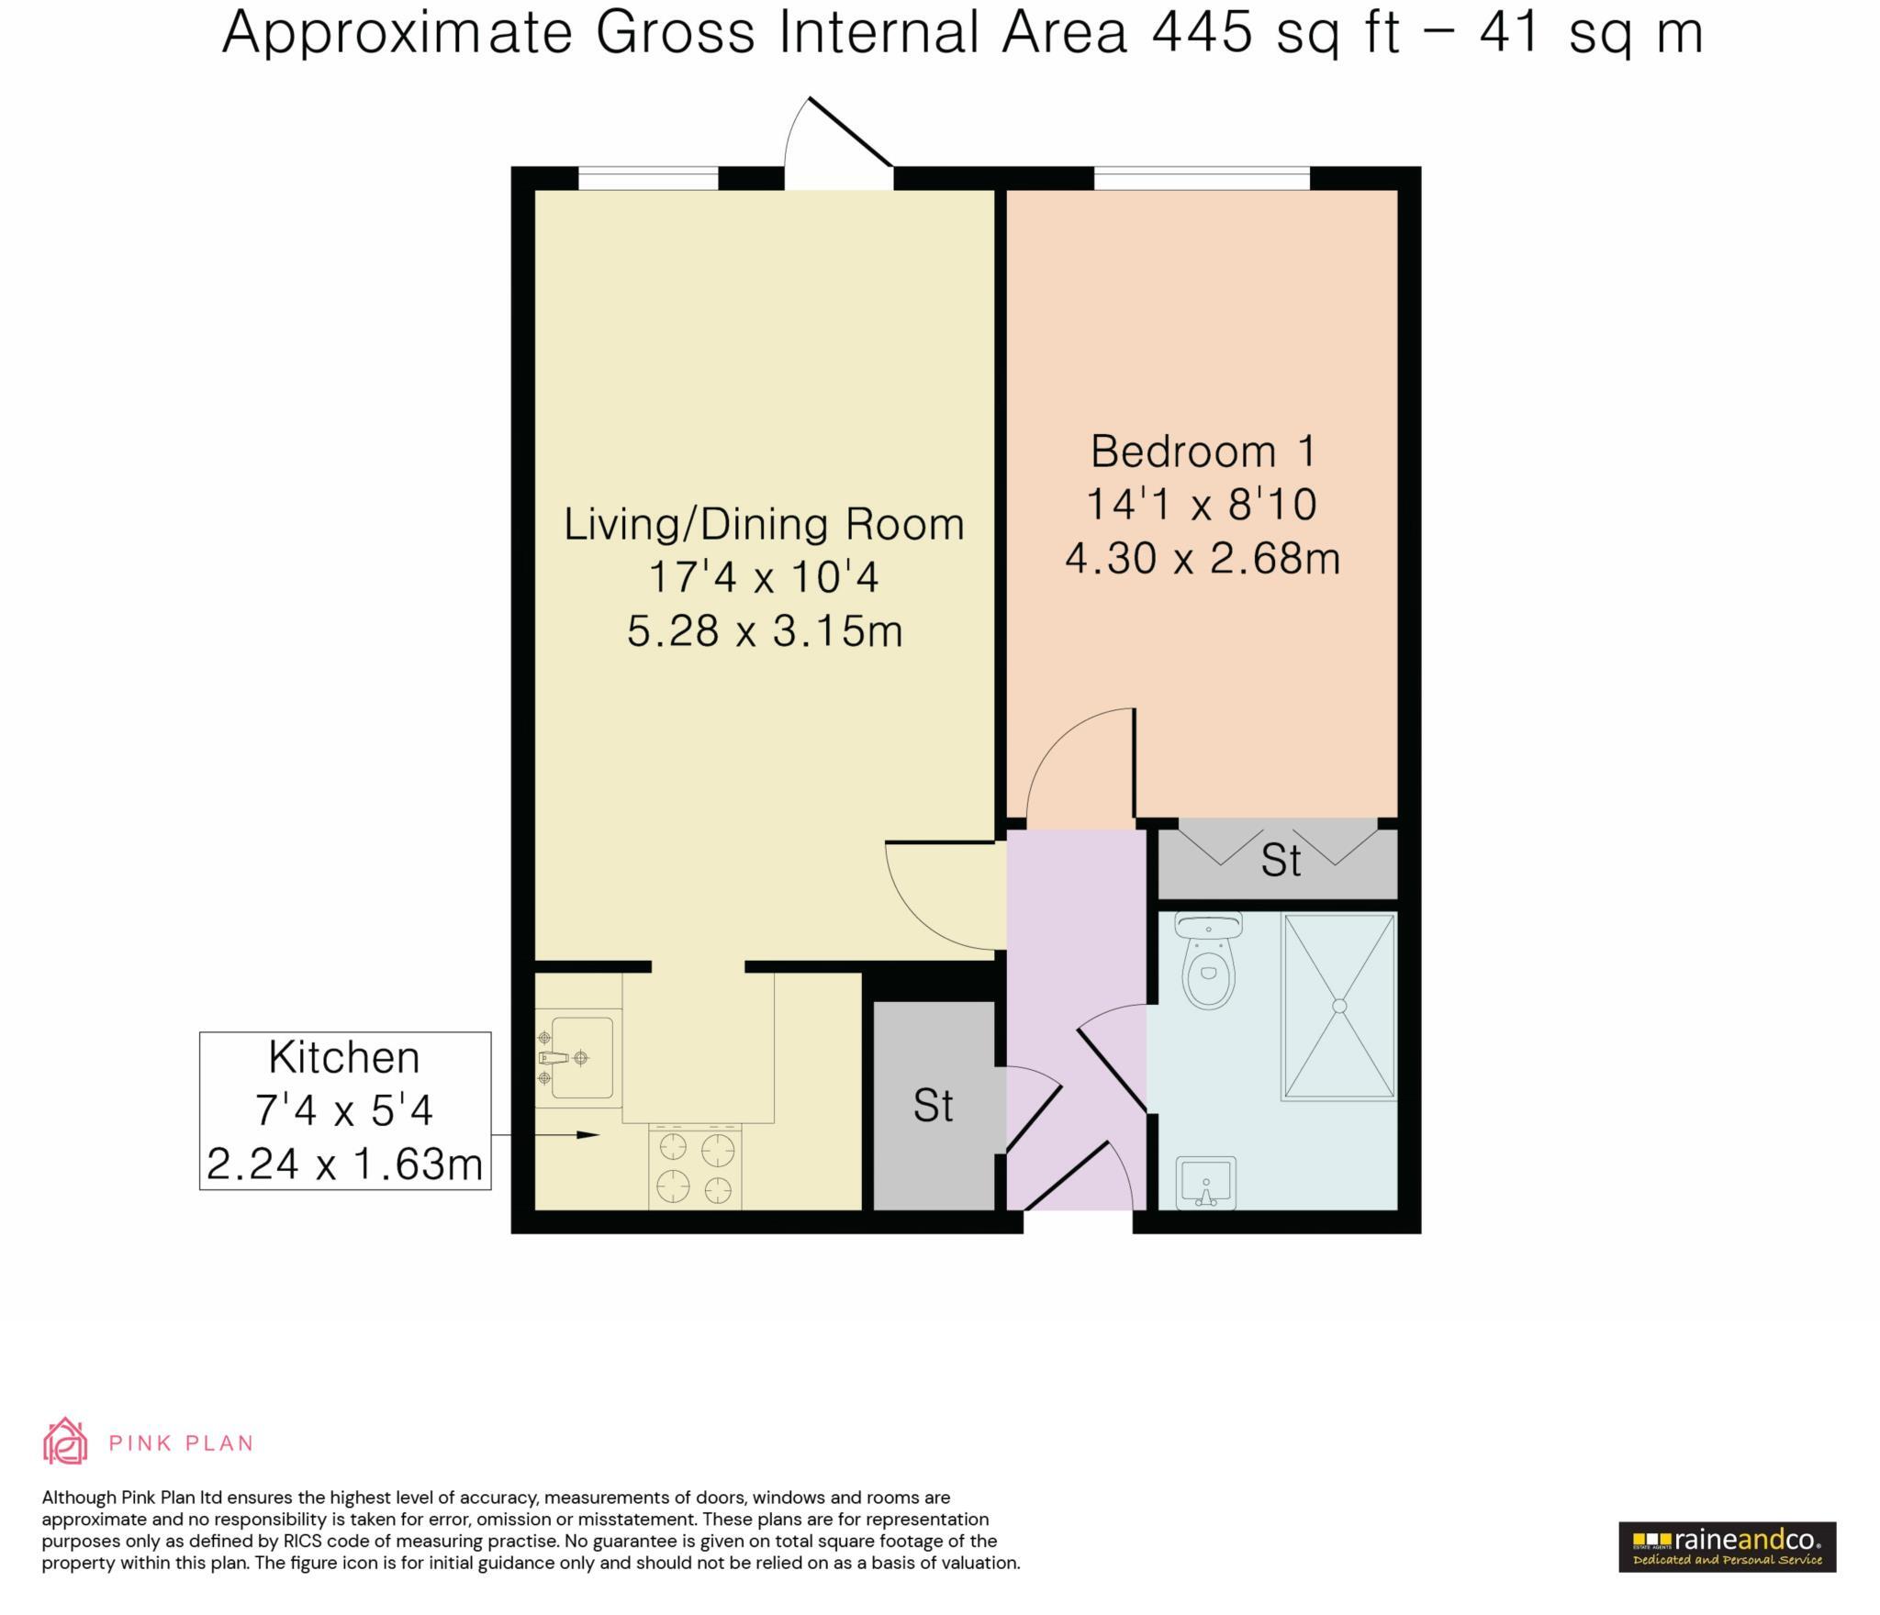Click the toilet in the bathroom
1209,960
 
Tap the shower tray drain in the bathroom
1338,1006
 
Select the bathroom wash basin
1206,1183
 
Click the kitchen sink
578,1058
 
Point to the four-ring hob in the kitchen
695,1166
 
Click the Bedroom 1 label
1203,451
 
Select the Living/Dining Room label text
764,525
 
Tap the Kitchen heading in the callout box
344,1058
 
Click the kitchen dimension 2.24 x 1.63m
345,1164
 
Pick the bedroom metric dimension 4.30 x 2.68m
1203,558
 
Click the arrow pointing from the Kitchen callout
545,1135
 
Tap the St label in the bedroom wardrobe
1281,861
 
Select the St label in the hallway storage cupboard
933,1107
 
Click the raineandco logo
1727,1547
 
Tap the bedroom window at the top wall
1202,178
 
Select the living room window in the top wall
648,178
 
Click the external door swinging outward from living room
839,143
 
